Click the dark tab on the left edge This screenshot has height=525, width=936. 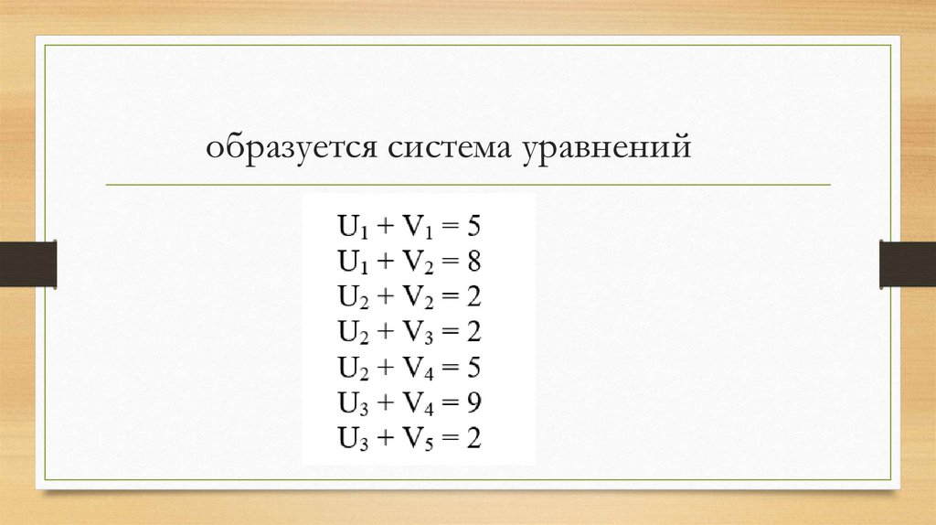(28, 262)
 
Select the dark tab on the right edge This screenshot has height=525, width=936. (907, 262)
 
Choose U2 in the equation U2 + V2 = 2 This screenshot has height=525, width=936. (351, 298)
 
